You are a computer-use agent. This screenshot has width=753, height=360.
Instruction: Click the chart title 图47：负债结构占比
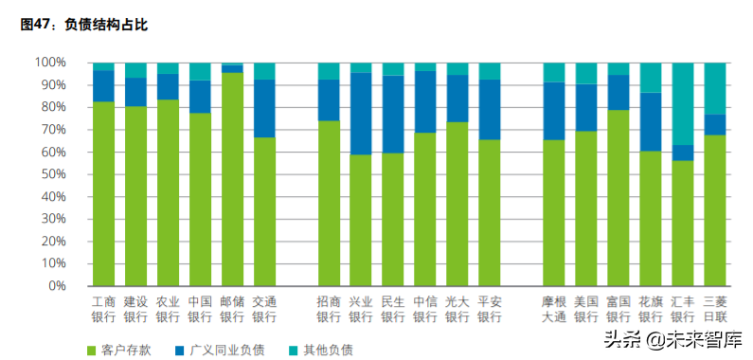point(84,25)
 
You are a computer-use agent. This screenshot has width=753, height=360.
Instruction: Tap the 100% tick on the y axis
point(50,63)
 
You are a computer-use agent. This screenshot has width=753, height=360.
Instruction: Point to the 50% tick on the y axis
point(53,174)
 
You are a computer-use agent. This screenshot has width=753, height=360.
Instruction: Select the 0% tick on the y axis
point(57,285)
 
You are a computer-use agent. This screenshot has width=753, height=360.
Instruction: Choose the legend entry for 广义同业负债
point(226,350)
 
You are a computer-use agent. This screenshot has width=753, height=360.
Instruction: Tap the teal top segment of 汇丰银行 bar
point(683,103)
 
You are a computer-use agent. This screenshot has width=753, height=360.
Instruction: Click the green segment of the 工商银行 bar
point(103,193)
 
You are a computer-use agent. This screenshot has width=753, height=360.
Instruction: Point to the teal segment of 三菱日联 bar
point(715,88)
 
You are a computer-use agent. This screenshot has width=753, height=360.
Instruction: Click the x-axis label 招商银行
point(329,309)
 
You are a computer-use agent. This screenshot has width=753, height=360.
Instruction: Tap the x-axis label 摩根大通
point(554,309)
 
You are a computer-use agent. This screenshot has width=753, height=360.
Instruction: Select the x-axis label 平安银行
point(490,309)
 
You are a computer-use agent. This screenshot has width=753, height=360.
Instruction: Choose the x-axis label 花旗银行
point(651,309)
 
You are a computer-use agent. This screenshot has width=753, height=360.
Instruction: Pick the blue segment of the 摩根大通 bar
point(554,111)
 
